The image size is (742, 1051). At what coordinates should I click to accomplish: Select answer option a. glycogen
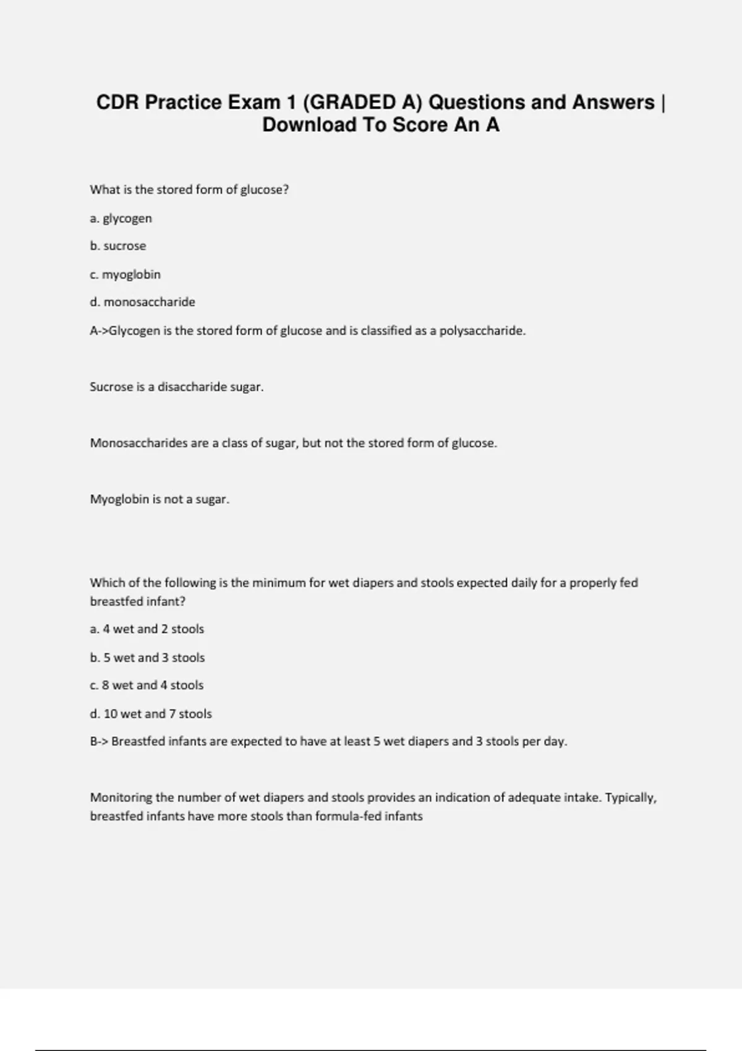coord(121,218)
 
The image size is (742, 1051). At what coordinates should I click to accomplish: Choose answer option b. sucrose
coord(118,246)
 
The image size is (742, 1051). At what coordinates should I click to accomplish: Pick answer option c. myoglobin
coord(125,274)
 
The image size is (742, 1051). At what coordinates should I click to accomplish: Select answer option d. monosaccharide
coord(142,302)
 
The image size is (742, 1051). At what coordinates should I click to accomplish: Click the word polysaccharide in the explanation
coord(482,331)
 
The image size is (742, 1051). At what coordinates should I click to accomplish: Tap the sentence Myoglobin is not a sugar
coord(160,500)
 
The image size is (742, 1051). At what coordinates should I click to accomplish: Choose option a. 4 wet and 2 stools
coord(147,629)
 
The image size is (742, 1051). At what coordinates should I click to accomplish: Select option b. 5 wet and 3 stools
coord(147,658)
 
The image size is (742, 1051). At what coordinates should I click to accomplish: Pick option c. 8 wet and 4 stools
coord(147,686)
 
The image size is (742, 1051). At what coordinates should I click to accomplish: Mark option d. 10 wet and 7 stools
coord(151,714)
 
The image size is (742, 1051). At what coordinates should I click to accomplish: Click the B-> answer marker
coord(99,741)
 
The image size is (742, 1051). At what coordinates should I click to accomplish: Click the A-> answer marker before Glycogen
coord(98,331)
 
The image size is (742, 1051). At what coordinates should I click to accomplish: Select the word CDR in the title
coord(117,102)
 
